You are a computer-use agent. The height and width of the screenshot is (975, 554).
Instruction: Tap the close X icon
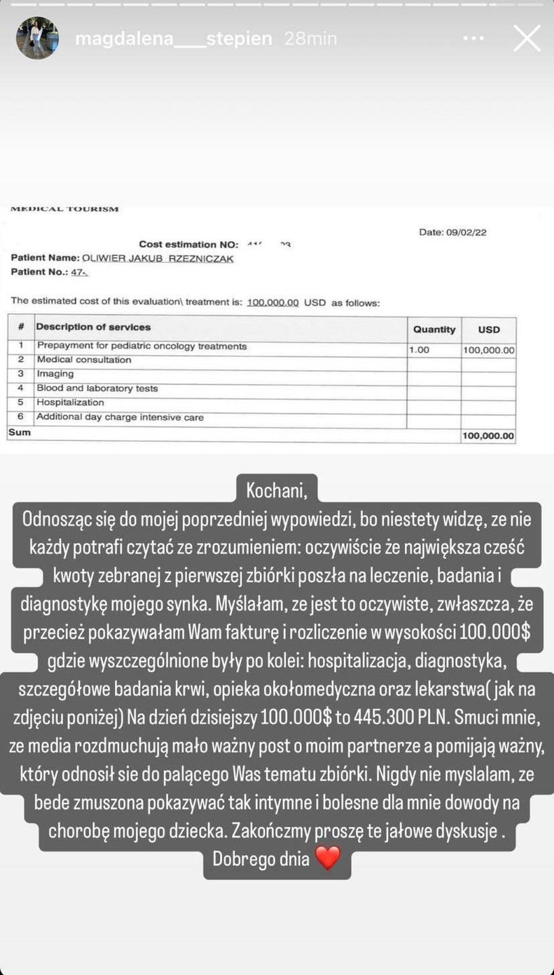pyautogui.click(x=527, y=39)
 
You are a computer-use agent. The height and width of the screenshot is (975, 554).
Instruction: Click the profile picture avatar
pyautogui.click(x=37, y=38)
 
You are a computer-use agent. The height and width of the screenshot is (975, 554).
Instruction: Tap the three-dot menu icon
pyautogui.click(x=474, y=39)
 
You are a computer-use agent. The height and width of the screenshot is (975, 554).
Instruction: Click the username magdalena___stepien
pyautogui.click(x=173, y=39)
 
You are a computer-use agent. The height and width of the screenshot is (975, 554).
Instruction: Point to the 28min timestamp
pyautogui.click(x=310, y=39)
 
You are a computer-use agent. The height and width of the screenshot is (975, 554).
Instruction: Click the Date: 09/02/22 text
pyautogui.click(x=452, y=232)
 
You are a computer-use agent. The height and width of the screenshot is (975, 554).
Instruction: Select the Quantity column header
pyautogui.click(x=434, y=329)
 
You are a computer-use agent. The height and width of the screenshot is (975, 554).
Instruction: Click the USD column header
pyautogui.click(x=488, y=329)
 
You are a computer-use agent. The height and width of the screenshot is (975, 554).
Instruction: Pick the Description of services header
pyautogui.click(x=93, y=327)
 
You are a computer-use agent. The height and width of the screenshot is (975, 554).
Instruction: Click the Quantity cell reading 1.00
pyautogui.click(x=419, y=350)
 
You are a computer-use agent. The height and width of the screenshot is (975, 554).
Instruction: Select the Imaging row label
pyautogui.click(x=56, y=374)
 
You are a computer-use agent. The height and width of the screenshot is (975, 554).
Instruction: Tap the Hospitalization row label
pyautogui.click(x=70, y=402)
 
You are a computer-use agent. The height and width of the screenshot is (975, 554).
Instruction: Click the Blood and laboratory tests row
pyautogui.click(x=97, y=388)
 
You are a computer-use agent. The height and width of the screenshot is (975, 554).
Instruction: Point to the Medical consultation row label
pyautogui.click(x=84, y=360)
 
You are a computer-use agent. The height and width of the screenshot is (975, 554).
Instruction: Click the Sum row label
pyautogui.click(x=19, y=432)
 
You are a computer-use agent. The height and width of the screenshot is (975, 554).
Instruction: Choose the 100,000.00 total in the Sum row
pyautogui.click(x=488, y=436)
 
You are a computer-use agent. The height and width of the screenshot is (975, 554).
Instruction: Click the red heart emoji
pyautogui.click(x=328, y=859)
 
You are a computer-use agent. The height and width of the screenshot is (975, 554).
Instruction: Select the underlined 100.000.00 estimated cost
pyautogui.click(x=273, y=303)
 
